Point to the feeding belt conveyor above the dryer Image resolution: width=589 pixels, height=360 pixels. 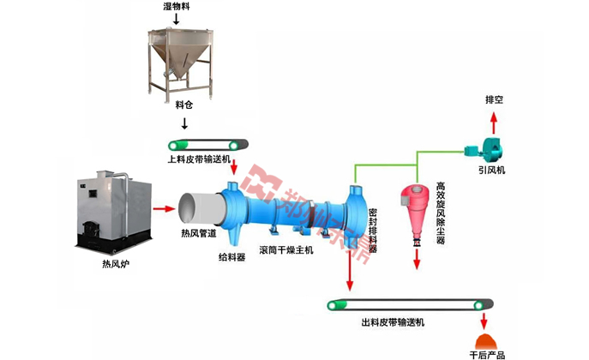tap(209, 143)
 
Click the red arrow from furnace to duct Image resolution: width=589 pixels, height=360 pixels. tap(162, 207)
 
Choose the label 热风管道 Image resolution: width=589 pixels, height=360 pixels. tap(199, 234)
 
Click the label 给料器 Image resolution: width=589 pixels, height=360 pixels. tap(231, 256)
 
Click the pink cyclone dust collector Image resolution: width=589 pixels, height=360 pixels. tap(415, 209)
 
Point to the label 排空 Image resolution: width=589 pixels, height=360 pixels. tap(495, 100)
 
